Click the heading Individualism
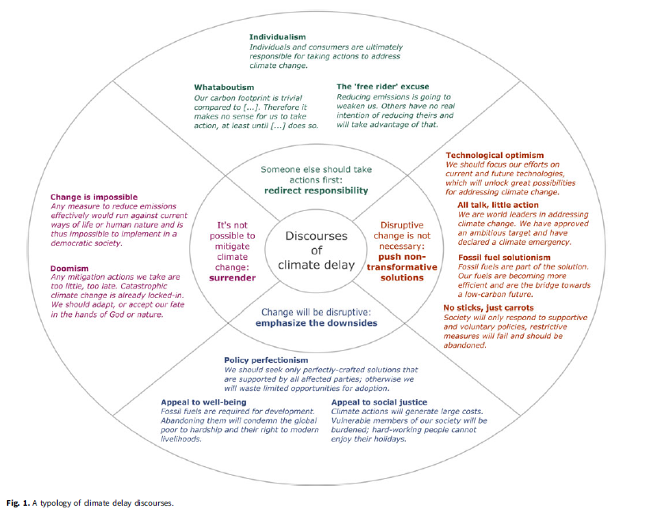click(x=277, y=37)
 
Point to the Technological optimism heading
click(x=495, y=155)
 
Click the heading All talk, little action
click(x=498, y=205)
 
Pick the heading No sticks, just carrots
click(x=488, y=307)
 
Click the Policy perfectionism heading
click(x=266, y=360)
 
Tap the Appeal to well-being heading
click(x=203, y=402)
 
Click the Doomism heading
click(x=70, y=267)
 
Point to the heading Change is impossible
click(x=94, y=197)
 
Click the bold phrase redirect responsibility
click(x=317, y=190)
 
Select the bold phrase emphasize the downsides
click(x=316, y=322)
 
